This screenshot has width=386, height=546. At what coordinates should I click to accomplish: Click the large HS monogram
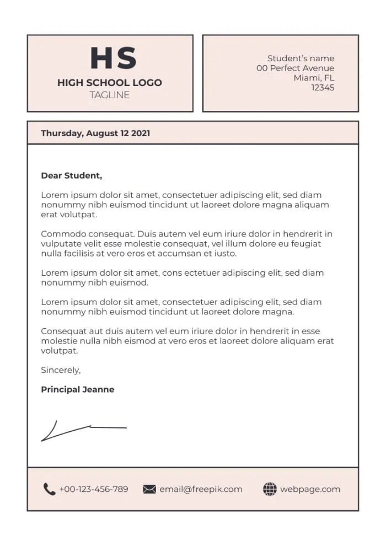click(113, 58)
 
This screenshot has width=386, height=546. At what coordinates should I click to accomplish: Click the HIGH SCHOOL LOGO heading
click(110, 83)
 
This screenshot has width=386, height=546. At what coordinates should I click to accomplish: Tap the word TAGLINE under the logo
click(110, 95)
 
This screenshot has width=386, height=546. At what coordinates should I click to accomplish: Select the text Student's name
click(301, 58)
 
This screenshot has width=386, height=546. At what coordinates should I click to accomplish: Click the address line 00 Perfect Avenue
click(295, 68)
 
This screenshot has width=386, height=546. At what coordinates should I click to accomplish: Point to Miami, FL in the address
click(314, 78)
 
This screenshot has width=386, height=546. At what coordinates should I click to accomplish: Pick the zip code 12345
click(323, 88)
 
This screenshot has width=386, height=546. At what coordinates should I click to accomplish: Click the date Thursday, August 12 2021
click(95, 133)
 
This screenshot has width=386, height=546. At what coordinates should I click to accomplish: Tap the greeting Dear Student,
click(72, 176)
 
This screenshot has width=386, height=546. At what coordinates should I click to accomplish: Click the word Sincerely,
click(61, 370)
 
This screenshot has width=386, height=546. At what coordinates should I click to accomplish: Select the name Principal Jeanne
click(78, 389)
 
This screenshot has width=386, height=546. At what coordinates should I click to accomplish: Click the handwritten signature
click(83, 430)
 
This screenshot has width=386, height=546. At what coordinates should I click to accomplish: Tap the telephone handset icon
click(49, 489)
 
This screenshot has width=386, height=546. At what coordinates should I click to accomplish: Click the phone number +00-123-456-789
click(94, 489)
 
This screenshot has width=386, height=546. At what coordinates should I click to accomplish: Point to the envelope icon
click(149, 489)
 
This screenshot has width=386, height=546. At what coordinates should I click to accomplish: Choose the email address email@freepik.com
click(201, 489)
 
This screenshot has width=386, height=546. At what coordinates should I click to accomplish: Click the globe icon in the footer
click(270, 489)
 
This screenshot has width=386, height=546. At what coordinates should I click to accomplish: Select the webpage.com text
click(310, 489)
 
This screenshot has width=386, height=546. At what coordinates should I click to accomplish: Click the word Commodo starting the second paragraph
click(60, 234)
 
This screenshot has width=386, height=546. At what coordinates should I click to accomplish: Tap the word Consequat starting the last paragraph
click(62, 331)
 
